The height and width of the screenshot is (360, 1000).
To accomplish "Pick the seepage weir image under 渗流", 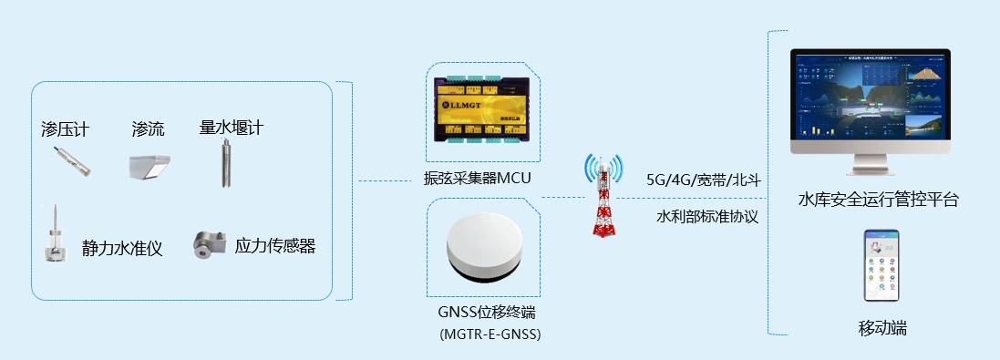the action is [148, 166].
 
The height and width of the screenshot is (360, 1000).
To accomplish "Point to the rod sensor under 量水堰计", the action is [222, 164].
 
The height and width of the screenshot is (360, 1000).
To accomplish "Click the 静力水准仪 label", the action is [122, 248].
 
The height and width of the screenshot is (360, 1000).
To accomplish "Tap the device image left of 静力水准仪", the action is [56, 236].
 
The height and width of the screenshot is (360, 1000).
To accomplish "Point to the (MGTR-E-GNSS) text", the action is [490, 334].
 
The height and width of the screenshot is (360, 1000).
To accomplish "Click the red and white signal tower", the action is [602, 196].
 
